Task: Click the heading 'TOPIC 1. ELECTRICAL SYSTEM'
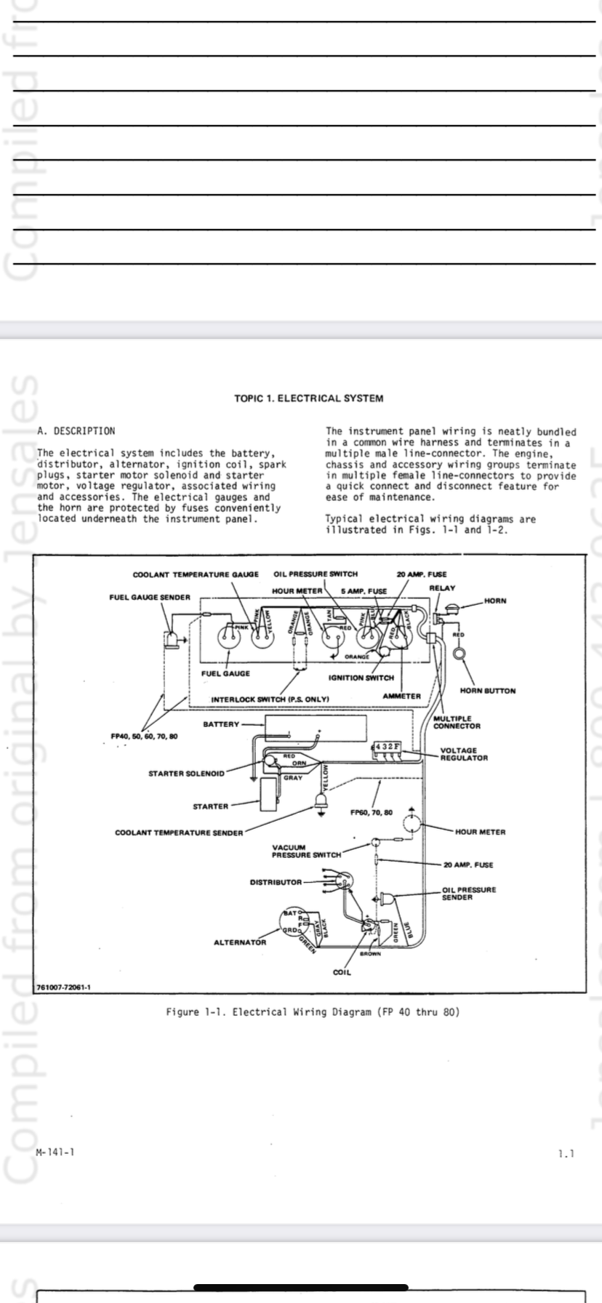[309, 398]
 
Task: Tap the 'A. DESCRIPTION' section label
[76, 431]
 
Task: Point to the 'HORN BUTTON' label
[488, 690]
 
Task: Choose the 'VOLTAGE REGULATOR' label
[464, 753]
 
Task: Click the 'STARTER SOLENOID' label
[186, 773]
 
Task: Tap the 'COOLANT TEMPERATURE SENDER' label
[179, 833]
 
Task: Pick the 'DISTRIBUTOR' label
[276, 882]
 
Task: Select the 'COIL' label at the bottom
[341, 972]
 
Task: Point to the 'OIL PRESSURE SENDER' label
[469, 893]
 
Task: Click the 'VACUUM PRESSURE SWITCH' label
[306, 851]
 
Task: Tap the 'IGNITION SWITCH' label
[361, 678]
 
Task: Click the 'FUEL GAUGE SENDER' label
[150, 597]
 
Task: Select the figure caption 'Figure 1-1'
[313, 1012]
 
